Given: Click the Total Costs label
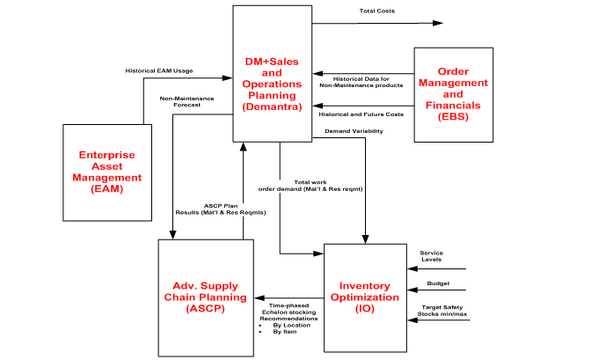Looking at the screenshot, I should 378,11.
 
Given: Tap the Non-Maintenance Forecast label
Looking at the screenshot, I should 180,101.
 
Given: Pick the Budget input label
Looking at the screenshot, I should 438,284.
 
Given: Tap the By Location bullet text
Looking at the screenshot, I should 291,325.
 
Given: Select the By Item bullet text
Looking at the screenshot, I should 285,333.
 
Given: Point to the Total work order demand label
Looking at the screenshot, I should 313,185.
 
